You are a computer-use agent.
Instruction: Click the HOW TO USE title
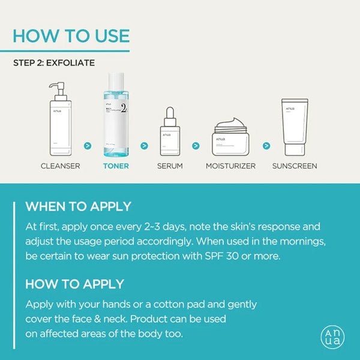pos(71,35)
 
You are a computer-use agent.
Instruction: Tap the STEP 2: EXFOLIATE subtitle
pos(54,62)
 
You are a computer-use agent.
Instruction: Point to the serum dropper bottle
pos(170,131)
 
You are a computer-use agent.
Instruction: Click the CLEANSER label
pos(60,166)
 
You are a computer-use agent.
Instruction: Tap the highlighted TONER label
pos(115,166)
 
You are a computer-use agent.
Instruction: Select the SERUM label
pos(170,166)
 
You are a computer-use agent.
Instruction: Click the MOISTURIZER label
pos(230,166)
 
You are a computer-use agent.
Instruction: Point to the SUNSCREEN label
pos(295,166)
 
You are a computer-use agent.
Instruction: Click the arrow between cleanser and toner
pos(88,145)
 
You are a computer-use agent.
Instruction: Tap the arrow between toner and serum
pos(144,145)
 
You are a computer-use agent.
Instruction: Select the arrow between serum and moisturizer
pos(196,145)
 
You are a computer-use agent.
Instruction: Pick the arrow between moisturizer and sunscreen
pos(266,145)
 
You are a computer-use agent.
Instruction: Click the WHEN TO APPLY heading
pos(78,207)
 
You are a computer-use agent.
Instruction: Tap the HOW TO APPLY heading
pos(74,284)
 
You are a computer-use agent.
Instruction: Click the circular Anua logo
pos(333,336)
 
